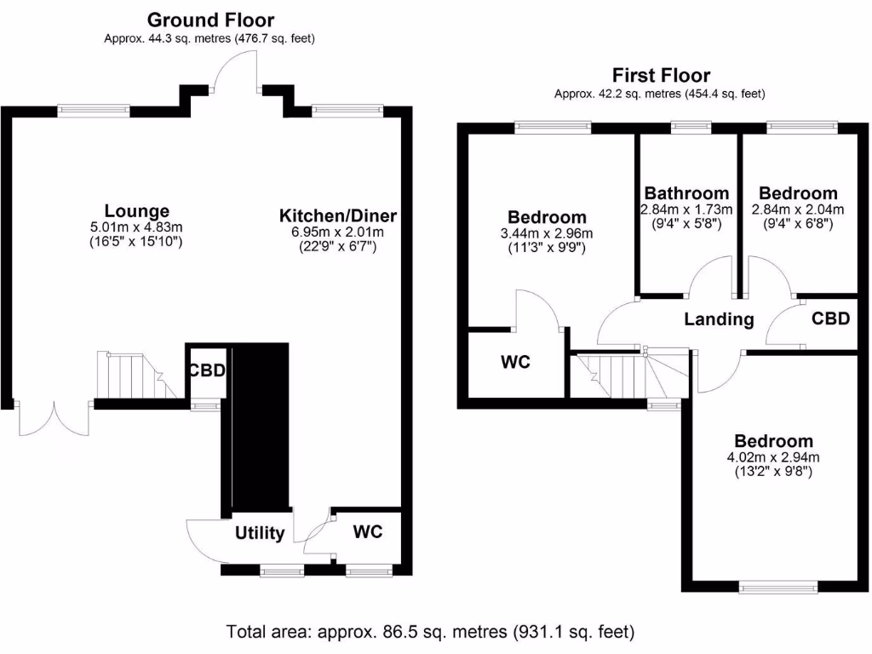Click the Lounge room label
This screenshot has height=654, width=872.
136,211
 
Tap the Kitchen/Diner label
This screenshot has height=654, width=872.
338,215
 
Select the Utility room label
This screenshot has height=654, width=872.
260,533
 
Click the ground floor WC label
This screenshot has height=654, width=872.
367,532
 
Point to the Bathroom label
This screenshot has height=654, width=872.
686,193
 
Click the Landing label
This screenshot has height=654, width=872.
720,319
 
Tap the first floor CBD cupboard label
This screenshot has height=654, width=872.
830,318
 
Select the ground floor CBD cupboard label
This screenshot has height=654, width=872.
207,371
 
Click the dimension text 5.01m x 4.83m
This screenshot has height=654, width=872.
136,227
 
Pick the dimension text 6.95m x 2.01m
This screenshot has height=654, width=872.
338,232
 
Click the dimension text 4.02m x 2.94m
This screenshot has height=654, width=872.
773,457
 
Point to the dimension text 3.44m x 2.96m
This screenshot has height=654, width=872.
547,233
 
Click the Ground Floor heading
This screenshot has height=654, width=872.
210,20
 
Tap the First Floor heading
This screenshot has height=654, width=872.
661,76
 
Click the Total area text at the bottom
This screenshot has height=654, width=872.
430,632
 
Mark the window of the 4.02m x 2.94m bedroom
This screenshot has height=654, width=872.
777,586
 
